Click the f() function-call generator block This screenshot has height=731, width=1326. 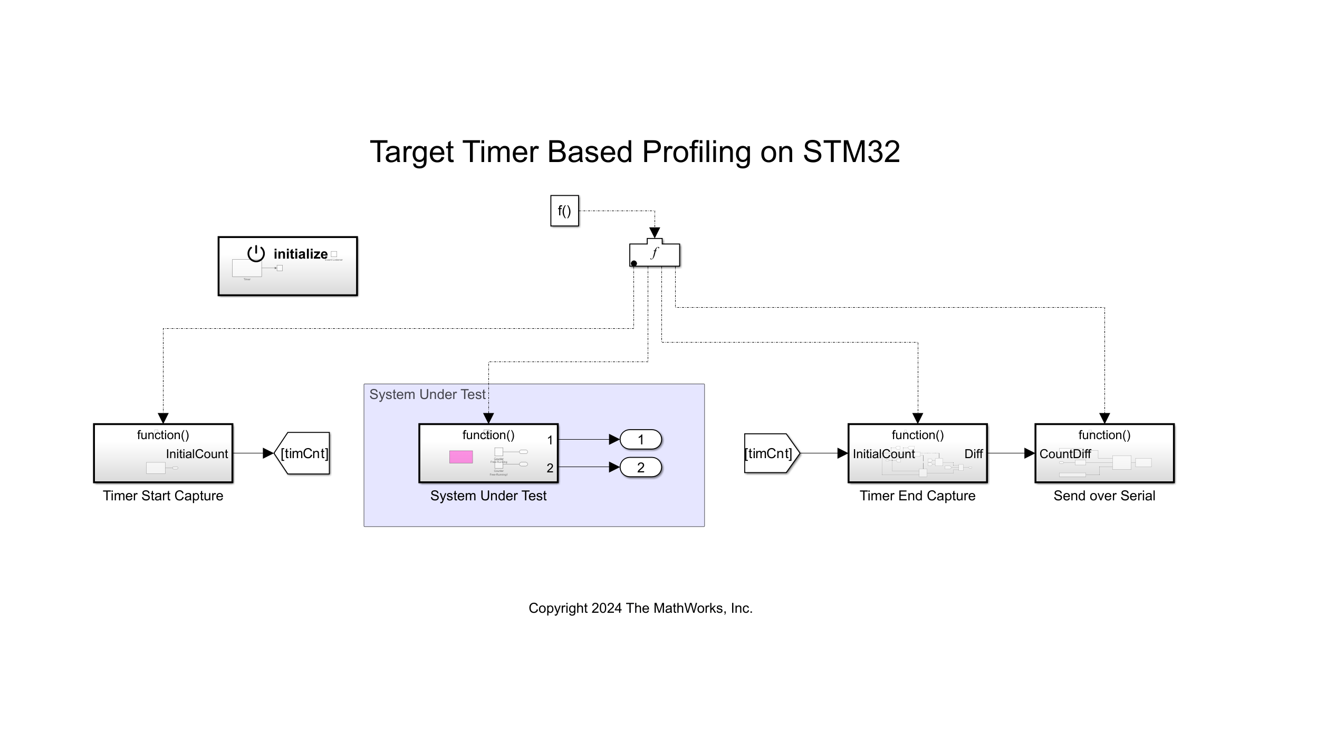[x=564, y=211]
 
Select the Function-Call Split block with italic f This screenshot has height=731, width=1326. [x=655, y=254]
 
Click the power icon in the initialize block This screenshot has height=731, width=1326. [x=256, y=253]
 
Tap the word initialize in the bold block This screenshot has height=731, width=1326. [x=300, y=254]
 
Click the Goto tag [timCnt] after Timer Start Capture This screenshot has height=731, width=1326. [x=303, y=453]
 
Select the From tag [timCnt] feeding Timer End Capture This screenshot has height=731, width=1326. [x=770, y=453]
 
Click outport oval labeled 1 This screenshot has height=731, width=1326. [x=640, y=440]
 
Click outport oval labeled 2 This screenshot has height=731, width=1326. [x=640, y=468]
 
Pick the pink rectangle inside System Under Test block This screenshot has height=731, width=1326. [x=460, y=457]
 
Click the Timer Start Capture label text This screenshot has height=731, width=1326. [x=163, y=496]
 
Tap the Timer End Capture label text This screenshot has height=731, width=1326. [x=917, y=496]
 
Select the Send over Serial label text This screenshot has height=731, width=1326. [x=1104, y=496]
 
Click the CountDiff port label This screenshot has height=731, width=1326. [x=1065, y=454]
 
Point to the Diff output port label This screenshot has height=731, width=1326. [x=973, y=454]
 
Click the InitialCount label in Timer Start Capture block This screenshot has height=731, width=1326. [x=197, y=454]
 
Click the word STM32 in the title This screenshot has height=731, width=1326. [x=851, y=152]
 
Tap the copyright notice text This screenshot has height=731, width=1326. [x=640, y=608]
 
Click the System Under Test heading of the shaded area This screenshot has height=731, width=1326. [x=427, y=394]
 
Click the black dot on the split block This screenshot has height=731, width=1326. [x=634, y=263]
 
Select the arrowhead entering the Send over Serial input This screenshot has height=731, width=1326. [x=1029, y=453]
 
